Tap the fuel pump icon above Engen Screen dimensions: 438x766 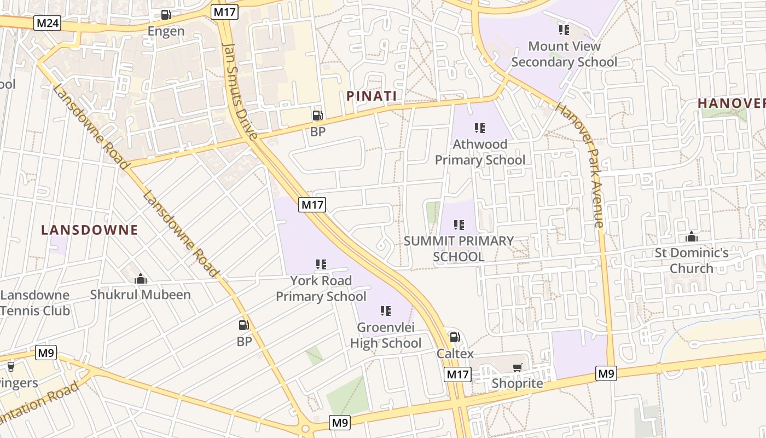pyautogui.click(x=166, y=15)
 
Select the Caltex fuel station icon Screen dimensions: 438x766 pyautogui.click(x=455, y=337)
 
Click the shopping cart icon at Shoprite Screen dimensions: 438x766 pyautogui.click(x=517, y=367)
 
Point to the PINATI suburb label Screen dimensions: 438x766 pyautogui.click(x=372, y=96)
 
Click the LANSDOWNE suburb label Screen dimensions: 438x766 pyautogui.click(x=90, y=230)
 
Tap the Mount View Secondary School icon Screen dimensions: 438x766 pyautogui.click(x=564, y=30)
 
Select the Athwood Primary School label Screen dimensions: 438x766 pyautogui.click(x=480, y=152)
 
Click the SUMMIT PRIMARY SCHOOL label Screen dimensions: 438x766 pyautogui.click(x=459, y=249)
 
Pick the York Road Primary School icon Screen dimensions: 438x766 pyautogui.click(x=321, y=264)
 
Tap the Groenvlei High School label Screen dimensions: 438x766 pyautogui.click(x=386, y=336)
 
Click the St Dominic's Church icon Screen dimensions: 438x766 pyautogui.click(x=692, y=237)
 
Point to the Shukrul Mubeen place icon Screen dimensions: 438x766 pyautogui.click(x=141, y=279)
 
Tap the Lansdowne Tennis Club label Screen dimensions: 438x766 pyautogui.click(x=35, y=303)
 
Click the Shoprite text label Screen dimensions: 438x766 pyautogui.click(x=517, y=383)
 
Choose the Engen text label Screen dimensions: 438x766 pyautogui.click(x=166, y=31)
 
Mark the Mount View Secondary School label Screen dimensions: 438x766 pyautogui.click(x=564, y=54)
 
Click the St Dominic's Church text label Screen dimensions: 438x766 pyautogui.click(x=692, y=261)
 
